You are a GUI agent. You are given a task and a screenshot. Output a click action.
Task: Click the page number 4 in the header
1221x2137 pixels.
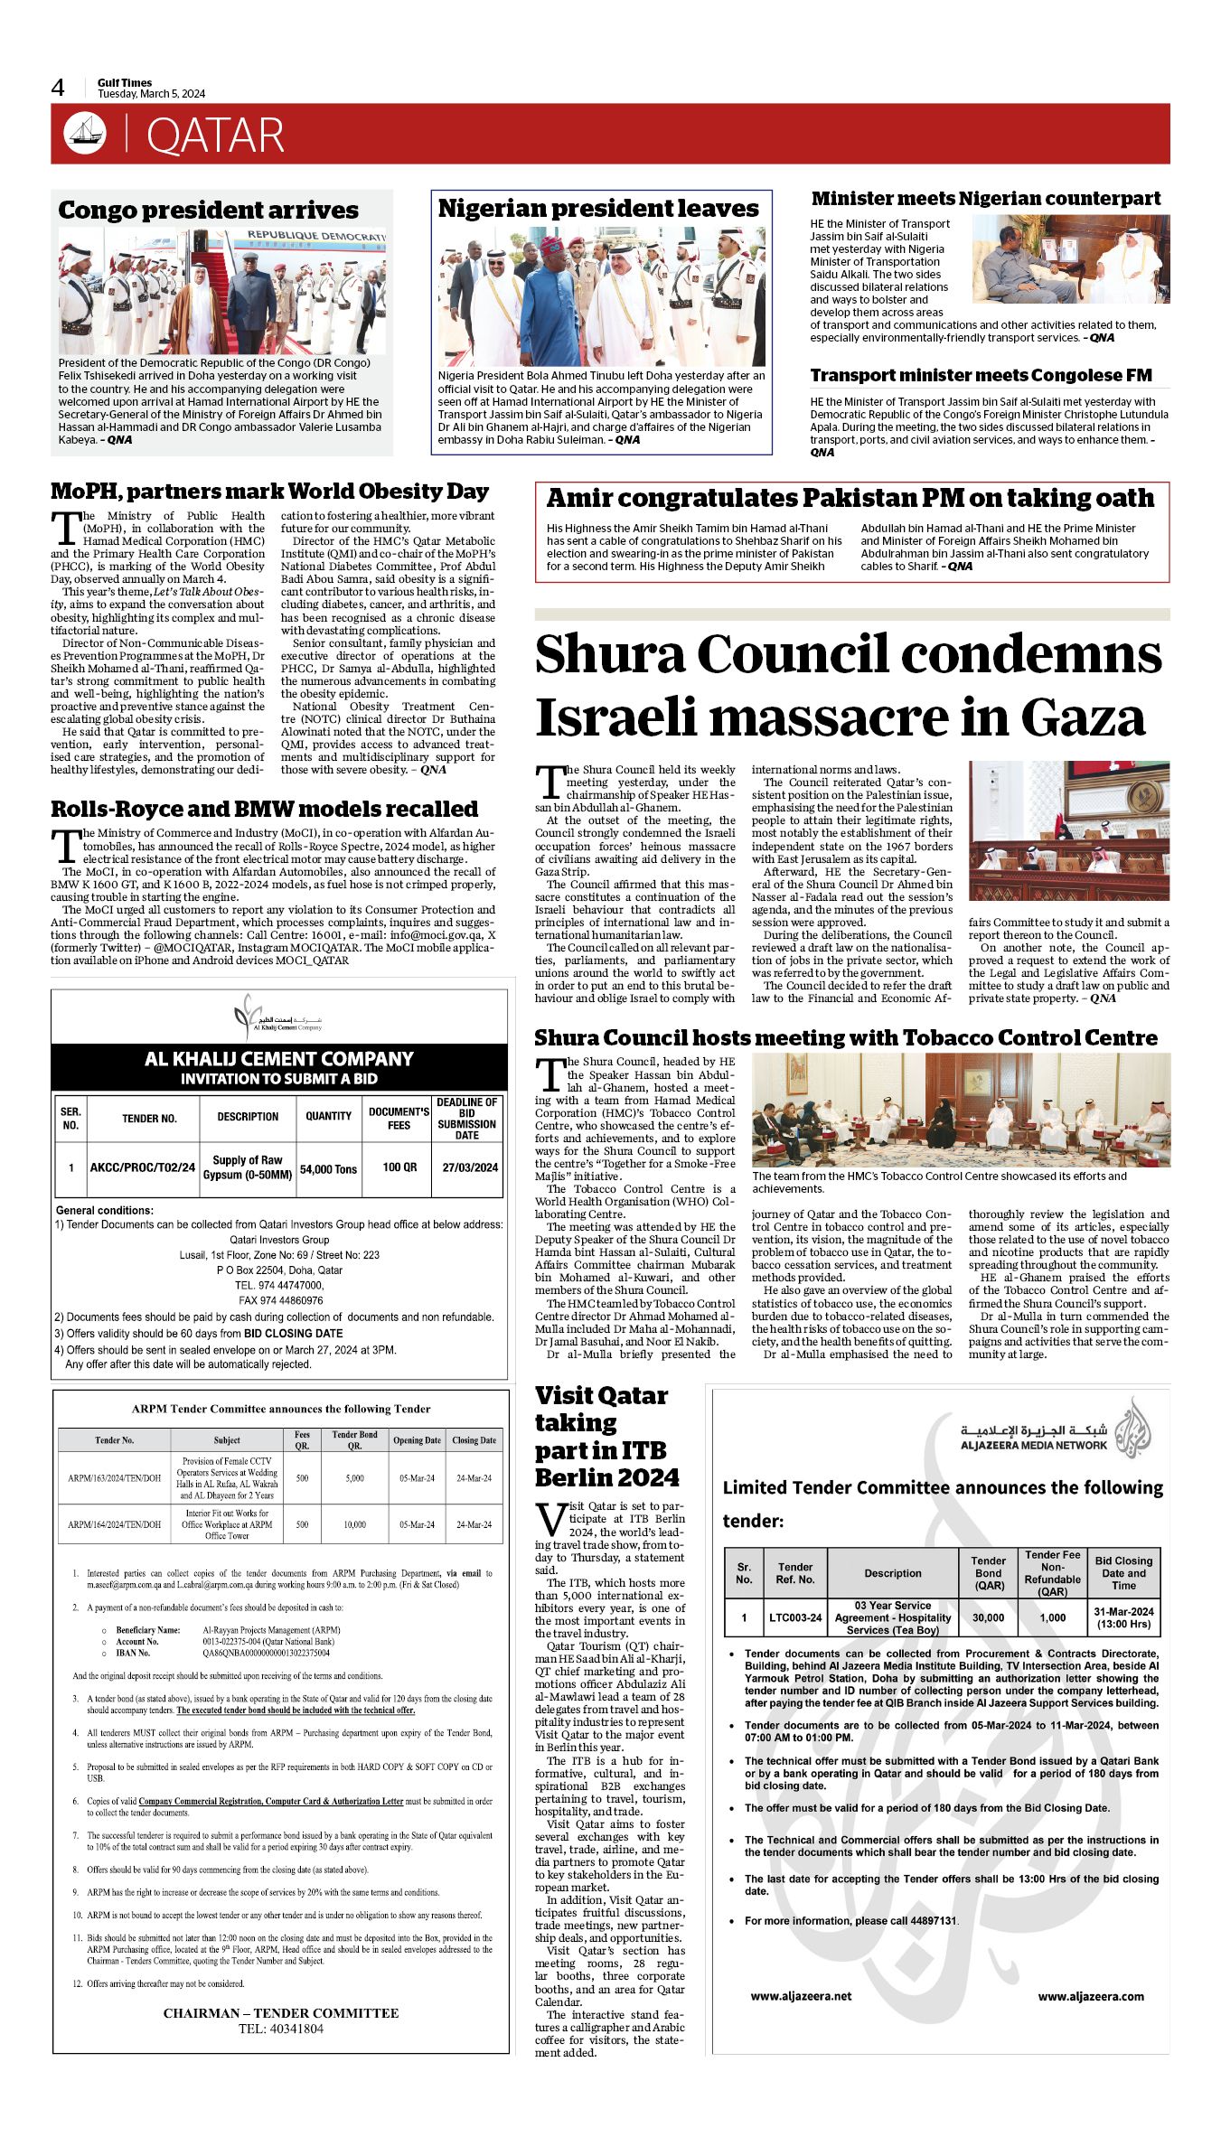click(58, 88)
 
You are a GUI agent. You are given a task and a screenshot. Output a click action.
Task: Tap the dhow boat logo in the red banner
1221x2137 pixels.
click(85, 134)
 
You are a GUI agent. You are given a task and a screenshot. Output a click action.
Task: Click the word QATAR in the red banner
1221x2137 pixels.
click(215, 136)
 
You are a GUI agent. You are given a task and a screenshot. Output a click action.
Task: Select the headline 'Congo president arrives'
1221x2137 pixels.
click(208, 211)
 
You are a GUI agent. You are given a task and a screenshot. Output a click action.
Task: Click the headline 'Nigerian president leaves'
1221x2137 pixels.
click(598, 209)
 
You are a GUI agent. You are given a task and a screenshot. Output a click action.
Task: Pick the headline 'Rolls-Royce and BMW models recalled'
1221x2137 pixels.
click(264, 809)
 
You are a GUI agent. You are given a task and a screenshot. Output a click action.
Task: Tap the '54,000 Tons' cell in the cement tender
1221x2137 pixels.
click(328, 1168)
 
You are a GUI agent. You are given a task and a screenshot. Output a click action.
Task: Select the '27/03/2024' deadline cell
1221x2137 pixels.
click(469, 1167)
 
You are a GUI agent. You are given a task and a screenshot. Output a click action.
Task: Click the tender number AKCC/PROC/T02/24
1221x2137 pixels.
click(143, 1167)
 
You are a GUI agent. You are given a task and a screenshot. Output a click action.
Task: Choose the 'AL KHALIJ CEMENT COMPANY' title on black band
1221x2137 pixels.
click(278, 1059)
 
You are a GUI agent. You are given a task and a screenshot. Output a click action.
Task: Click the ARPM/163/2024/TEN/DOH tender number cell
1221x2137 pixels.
click(115, 1478)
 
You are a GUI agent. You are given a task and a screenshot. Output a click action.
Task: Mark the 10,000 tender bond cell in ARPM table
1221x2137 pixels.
click(354, 1524)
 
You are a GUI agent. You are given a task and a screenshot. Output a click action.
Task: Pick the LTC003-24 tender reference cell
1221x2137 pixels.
click(795, 1617)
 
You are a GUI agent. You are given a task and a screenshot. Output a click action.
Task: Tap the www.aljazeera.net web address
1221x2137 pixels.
click(801, 1996)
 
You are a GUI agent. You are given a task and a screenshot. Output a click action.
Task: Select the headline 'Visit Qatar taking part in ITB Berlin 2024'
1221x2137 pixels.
click(606, 1436)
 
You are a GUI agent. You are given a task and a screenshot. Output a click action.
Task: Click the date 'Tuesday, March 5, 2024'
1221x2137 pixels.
click(152, 94)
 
